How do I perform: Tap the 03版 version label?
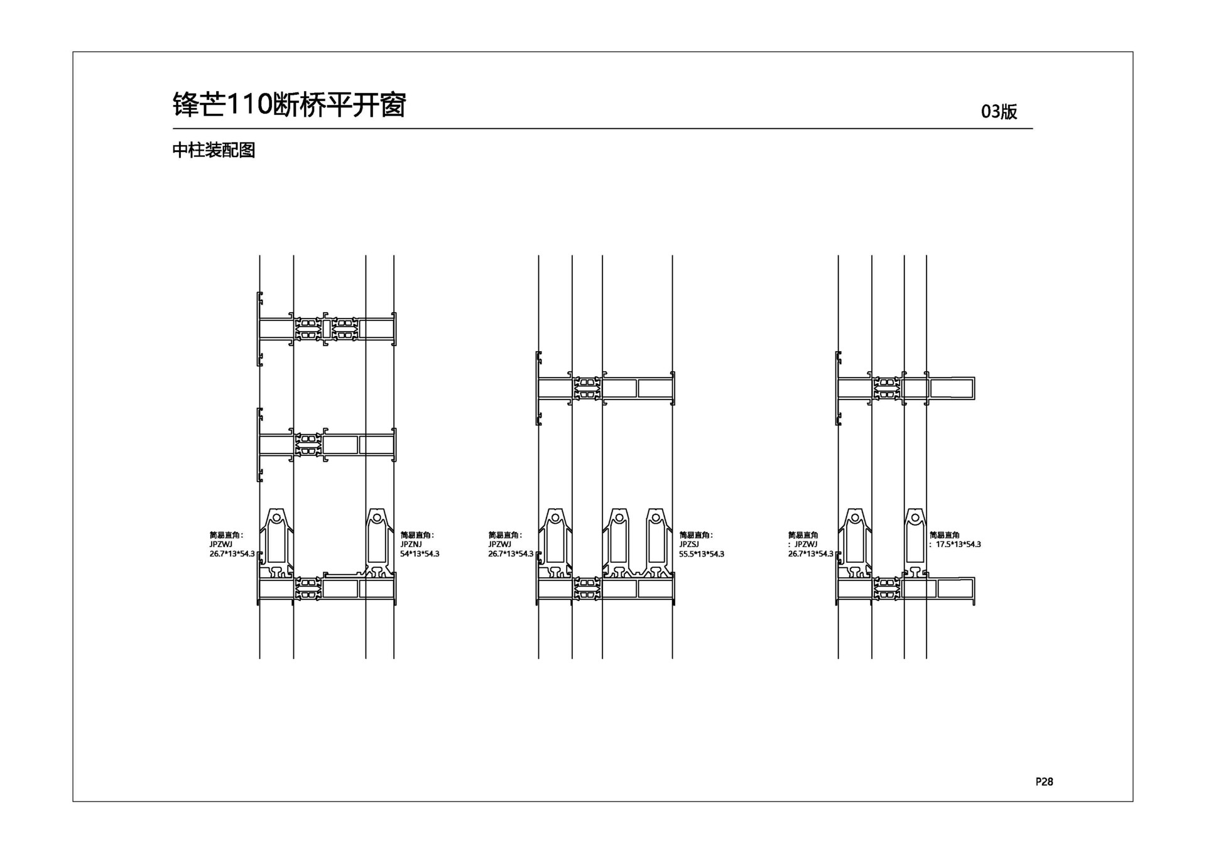point(999,111)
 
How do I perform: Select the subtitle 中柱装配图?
point(214,150)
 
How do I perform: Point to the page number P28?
point(1044,781)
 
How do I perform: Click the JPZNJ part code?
point(411,545)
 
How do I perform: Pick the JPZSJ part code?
point(689,545)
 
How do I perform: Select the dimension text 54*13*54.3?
point(420,554)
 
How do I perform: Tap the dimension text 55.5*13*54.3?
point(702,554)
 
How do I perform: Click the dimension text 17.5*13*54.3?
point(959,545)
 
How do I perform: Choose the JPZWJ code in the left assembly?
point(221,545)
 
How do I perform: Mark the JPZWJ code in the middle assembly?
point(500,545)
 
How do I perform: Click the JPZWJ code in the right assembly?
point(806,545)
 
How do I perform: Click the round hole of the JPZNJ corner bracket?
point(376,518)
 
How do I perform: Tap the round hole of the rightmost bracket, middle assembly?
point(656,518)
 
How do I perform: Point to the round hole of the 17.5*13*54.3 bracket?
point(915,518)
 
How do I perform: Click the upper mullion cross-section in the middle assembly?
point(606,388)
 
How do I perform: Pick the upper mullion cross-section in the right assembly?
point(905,388)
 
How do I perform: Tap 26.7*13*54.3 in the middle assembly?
point(511,554)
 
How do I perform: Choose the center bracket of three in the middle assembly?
point(619,543)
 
